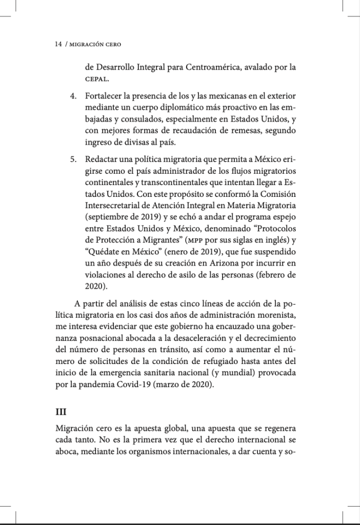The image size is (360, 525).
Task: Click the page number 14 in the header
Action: (58, 45)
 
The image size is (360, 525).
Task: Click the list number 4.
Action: (73, 96)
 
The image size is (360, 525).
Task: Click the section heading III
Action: (61, 411)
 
